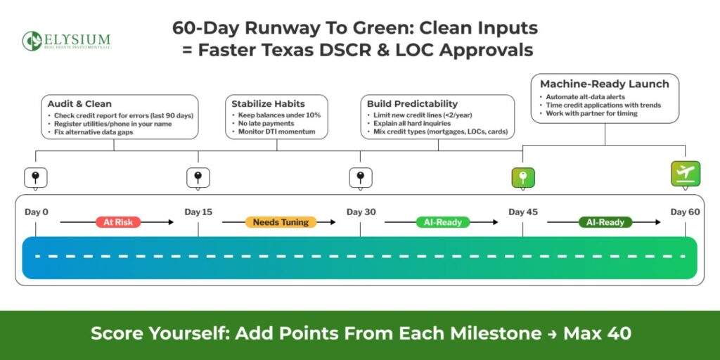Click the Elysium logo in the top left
tap(65, 41)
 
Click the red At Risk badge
tap(118, 222)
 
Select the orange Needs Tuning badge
tap(281, 222)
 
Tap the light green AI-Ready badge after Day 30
tap(443, 222)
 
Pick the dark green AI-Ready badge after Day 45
tap(605, 222)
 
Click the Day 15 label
tap(198, 212)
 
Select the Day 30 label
tap(360, 212)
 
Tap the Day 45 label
tap(522, 212)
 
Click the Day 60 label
tap(685, 212)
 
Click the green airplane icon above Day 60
tap(685, 174)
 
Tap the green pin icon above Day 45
tap(522, 178)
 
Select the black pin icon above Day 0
tap(35, 178)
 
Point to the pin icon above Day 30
tap(360, 178)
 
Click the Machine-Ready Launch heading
tap(604, 84)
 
